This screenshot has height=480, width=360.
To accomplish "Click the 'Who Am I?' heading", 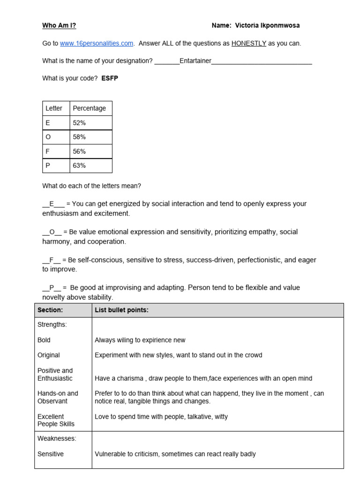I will [x=59, y=26].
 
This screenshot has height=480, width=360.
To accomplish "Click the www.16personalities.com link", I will [x=97, y=44].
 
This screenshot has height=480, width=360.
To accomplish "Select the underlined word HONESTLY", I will [x=248, y=44].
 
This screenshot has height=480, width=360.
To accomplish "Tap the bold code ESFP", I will [x=110, y=78].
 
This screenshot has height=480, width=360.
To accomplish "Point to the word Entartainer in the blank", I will [x=195, y=61].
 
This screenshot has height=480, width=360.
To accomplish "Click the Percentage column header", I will [x=89, y=108].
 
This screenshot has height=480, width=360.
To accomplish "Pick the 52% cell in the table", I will [x=79, y=123].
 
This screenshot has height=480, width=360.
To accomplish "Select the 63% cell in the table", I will [x=79, y=165].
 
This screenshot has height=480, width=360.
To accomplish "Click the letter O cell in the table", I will [x=48, y=137].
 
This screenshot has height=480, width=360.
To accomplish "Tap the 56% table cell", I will [x=79, y=151].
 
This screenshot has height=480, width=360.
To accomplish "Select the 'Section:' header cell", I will [x=50, y=310].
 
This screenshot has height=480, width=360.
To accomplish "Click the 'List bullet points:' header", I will [x=121, y=310].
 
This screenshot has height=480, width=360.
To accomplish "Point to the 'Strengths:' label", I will [x=52, y=324].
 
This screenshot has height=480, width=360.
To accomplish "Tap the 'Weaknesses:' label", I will [x=57, y=439].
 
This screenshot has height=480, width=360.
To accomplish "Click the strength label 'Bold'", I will [x=44, y=340].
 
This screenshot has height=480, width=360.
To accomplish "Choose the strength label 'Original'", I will [x=49, y=355].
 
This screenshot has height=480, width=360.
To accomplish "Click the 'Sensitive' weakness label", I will [x=51, y=454].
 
